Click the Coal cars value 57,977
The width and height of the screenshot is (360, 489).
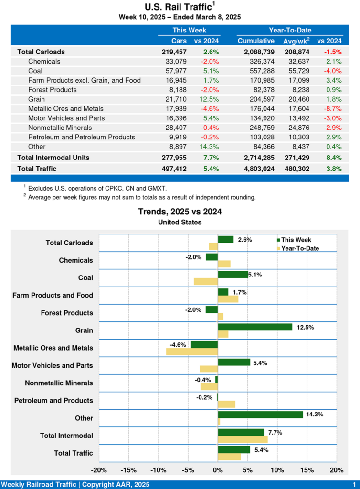click(176, 71)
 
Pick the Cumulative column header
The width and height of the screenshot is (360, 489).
click(256, 41)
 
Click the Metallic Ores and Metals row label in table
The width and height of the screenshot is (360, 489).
click(65, 108)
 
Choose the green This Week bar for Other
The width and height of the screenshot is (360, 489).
click(260, 415)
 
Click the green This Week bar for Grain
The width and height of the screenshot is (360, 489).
click(255, 327)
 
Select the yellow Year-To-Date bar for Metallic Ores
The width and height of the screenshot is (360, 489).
click(192, 351)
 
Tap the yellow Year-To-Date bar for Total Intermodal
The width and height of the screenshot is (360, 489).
click(243, 439)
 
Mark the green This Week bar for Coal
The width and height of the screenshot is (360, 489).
click(233, 274)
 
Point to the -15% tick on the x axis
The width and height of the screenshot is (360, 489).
click(129, 470)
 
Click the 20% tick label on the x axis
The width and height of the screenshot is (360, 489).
click(337, 470)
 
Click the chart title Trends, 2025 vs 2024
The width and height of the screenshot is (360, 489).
click(180, 212)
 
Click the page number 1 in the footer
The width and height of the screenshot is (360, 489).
click(354, 484)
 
